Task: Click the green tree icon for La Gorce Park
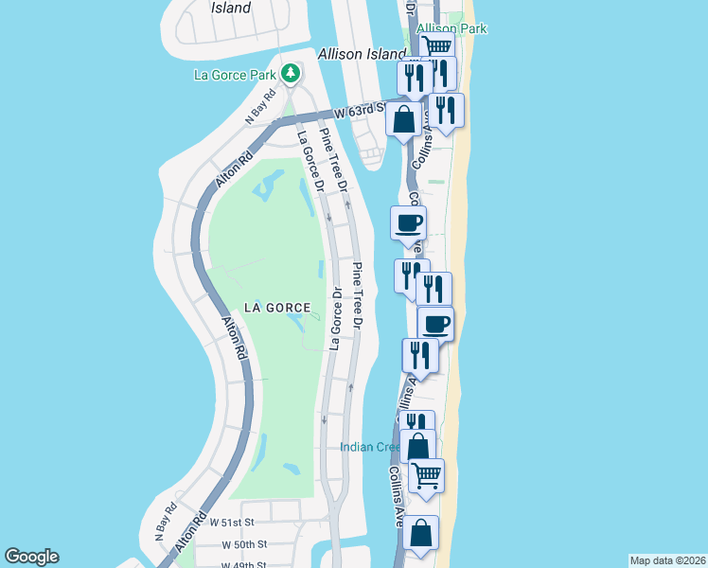pyautogui.click(x=291, y=73)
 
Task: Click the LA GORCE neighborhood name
pyautogui.click(x=277, y=307)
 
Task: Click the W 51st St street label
pyautogui.click(x=233, y=522)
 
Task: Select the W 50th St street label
pyautogui.click(x=245, y=544)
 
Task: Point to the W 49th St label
pyautogui.click(x=245, y=564)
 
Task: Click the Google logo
pyautogui.click(x=31, y=557)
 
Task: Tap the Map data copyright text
pyautogui.click(x=667, y=559)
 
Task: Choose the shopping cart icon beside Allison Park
pyautogui.click(x=436, y=46)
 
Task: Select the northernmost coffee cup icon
pyautogui.click(x=409, y=223)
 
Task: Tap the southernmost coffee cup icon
pyautogui.click(x=435, y=324)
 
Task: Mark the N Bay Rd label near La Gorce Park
pyautogui.click(x=260, y=106)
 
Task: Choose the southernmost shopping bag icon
pyautogui.click(x=421, y=533)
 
